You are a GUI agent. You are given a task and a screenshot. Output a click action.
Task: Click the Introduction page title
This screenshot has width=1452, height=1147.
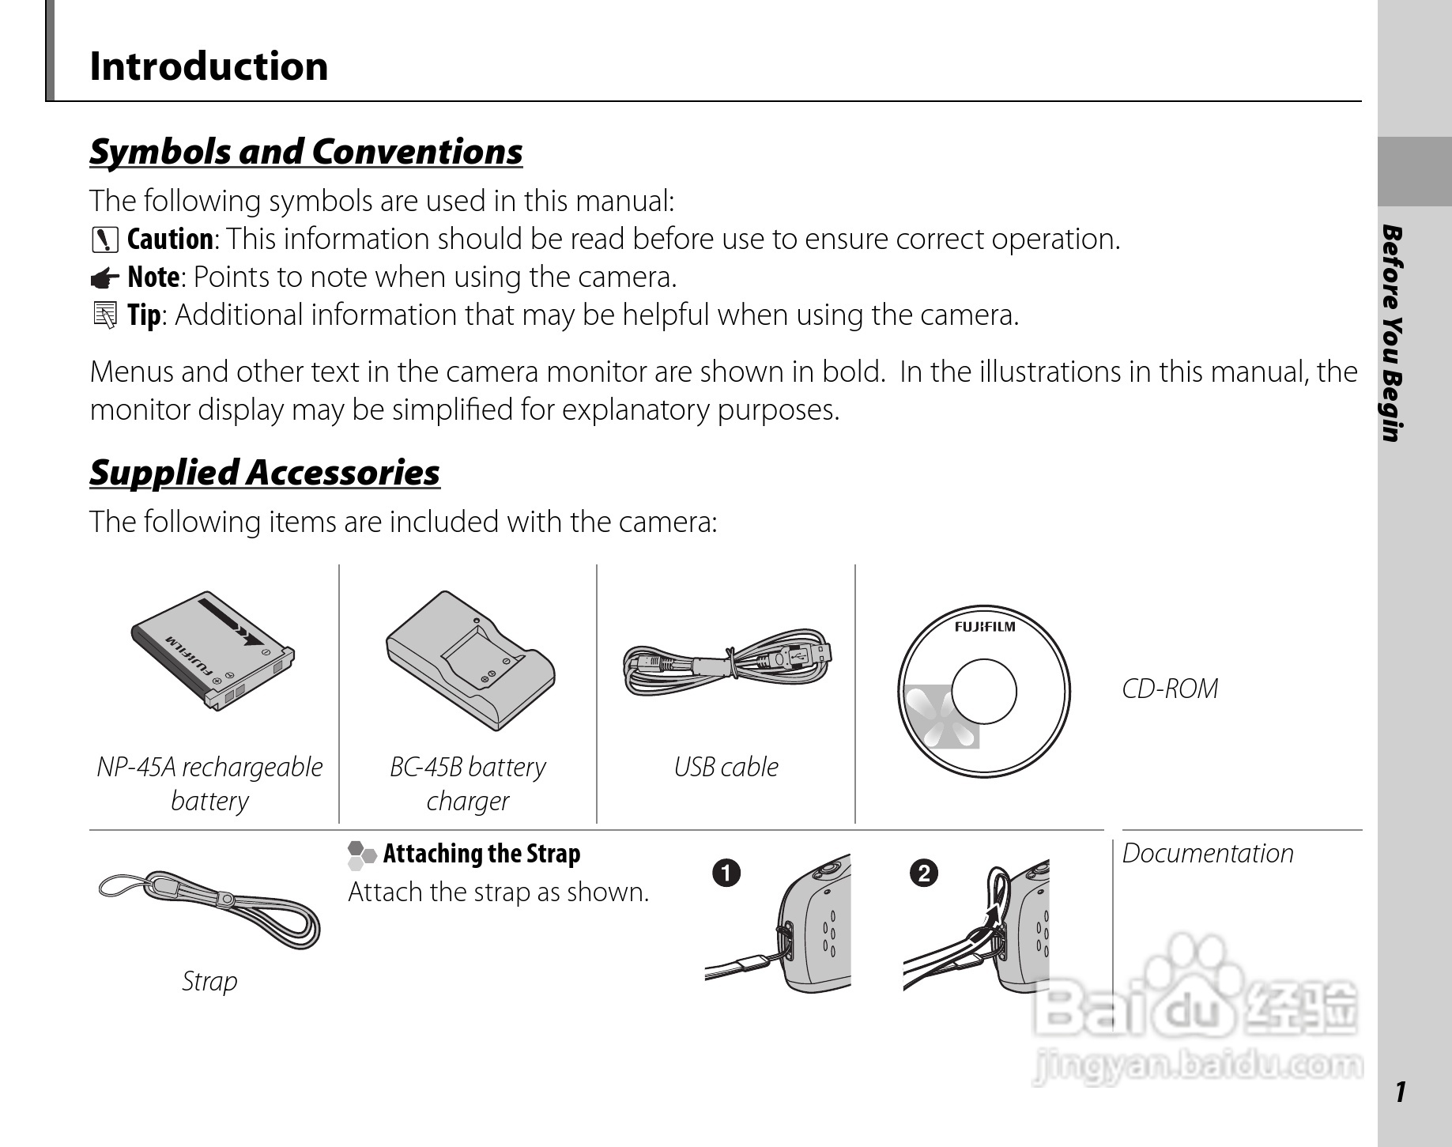tap(209, 66)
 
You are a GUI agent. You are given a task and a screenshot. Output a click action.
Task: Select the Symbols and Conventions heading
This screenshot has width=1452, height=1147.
tap(306, 152)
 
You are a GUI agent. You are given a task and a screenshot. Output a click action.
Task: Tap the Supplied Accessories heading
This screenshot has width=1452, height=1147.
tap(265, 473)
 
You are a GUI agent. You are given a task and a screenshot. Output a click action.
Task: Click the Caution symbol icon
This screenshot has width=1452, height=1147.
tap(104, 240)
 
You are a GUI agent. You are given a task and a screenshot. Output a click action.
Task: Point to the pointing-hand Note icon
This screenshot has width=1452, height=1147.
tap(104, 278)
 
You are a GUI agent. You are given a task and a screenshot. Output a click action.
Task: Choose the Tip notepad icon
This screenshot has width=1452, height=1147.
tap(104, 315)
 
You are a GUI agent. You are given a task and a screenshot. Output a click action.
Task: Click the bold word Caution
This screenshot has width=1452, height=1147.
tap(170, 240)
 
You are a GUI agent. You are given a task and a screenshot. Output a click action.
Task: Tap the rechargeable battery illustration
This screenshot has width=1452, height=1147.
tap(212, 651)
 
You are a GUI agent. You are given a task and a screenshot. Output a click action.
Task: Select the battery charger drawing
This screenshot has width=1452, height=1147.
tap(470, 660)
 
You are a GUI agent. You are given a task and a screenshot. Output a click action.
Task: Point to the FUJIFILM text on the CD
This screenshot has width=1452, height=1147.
tap(984, 627)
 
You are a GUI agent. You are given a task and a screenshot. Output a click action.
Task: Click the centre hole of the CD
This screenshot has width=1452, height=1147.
tap(984, 692)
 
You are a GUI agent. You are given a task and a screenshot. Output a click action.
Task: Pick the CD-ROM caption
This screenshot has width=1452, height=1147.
tap(1170, 689)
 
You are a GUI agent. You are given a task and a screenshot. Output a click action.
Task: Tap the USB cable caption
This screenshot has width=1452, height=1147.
tap(726, 767)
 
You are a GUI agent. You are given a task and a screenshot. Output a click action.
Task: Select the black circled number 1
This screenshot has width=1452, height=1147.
tap(726, 873)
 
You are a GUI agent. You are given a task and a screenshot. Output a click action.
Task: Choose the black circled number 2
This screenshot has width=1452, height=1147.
tap(923, 873)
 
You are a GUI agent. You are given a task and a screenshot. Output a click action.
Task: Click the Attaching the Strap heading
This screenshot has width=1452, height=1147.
tap(481, 854)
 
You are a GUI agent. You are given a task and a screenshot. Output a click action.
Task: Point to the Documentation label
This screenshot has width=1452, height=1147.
tap(1208, 854)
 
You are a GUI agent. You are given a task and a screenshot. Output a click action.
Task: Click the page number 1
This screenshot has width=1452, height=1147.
tap(1401, 1092)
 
